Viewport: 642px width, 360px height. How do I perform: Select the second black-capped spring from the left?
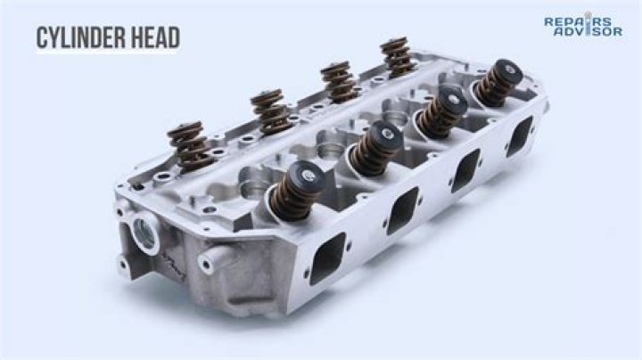tap(371, 148)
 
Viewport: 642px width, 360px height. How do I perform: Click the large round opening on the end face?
tap(143, 233)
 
